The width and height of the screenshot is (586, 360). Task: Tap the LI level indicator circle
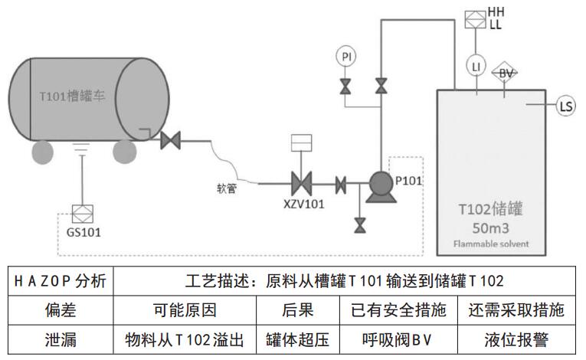tap(476, 67)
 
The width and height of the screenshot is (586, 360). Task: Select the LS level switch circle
tap(565, 106)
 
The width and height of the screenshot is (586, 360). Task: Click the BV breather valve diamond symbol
tap(505, 74)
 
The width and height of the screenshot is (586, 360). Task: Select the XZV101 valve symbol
tap(301, 184)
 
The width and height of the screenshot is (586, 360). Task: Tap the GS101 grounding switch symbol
tap(80, 212)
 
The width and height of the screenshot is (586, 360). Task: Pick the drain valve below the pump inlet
tap(358, 224)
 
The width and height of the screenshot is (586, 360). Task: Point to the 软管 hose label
tap(228, 188)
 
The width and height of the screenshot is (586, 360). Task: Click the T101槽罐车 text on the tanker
tap(70, 97)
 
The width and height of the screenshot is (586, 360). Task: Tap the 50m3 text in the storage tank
tap(489, 227)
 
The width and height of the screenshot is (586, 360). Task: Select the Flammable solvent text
tap(489, 245)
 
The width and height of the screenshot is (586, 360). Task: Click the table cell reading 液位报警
tap(514, 339)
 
